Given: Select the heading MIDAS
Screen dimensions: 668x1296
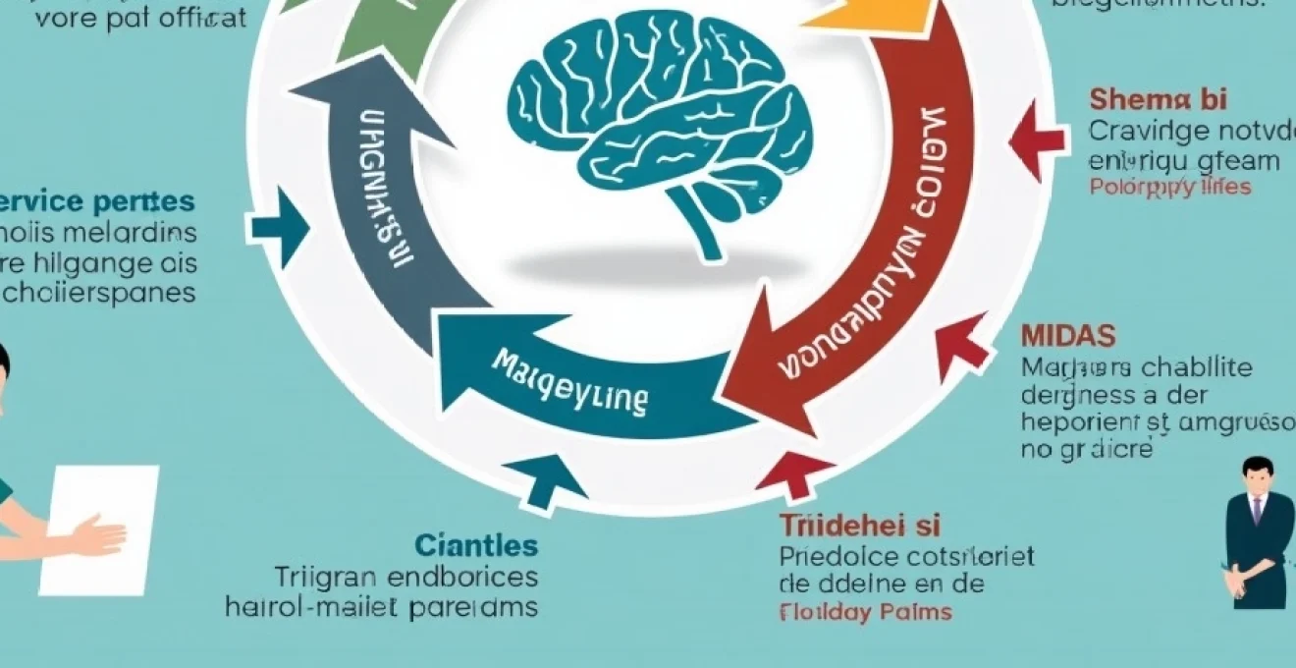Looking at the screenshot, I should [1068, 336].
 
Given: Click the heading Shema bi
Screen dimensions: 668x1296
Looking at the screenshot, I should [1158, 99].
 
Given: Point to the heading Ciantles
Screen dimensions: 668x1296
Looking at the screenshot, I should [476, 545].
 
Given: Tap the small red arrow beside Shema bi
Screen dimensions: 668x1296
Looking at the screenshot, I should [1036, 139].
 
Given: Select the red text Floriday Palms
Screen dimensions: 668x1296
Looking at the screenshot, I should [865, 612].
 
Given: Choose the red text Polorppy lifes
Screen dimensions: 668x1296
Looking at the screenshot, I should [1170, 187].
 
